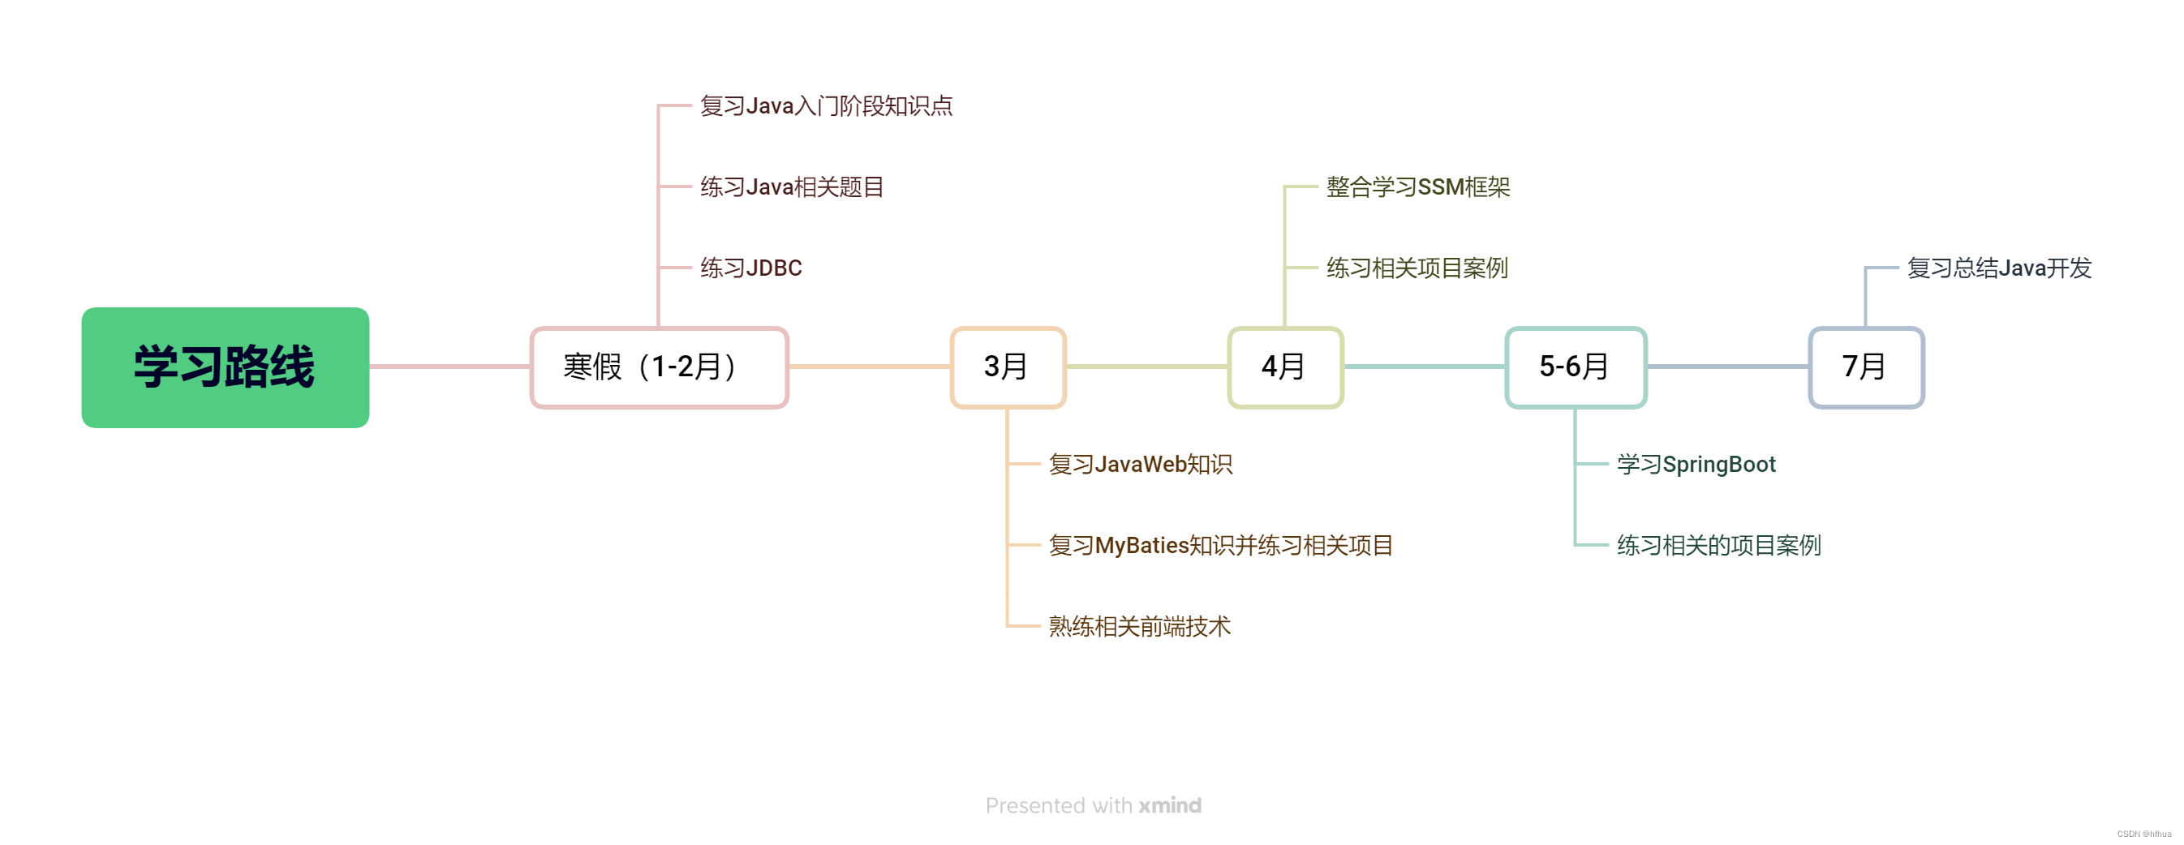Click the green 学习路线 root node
point(225,367)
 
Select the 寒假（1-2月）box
point(659,367)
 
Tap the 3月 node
point(1007,367)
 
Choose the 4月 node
point(1284,367)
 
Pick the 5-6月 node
point(1576,367)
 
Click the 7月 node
point(1865,367)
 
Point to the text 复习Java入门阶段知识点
point(826,106)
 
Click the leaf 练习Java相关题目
point(792,187)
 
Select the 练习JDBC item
point(750,268)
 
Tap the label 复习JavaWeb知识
point(1141,465)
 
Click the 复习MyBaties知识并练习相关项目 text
point(1221,545)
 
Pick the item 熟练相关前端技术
point(1140,626)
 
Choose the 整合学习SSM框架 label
point(1417,187)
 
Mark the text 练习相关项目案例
point(1417,268)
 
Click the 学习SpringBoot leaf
point(1696,465)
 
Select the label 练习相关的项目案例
point(1718,545)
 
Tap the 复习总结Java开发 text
point(1998,268)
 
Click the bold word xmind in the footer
point(1169,805)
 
